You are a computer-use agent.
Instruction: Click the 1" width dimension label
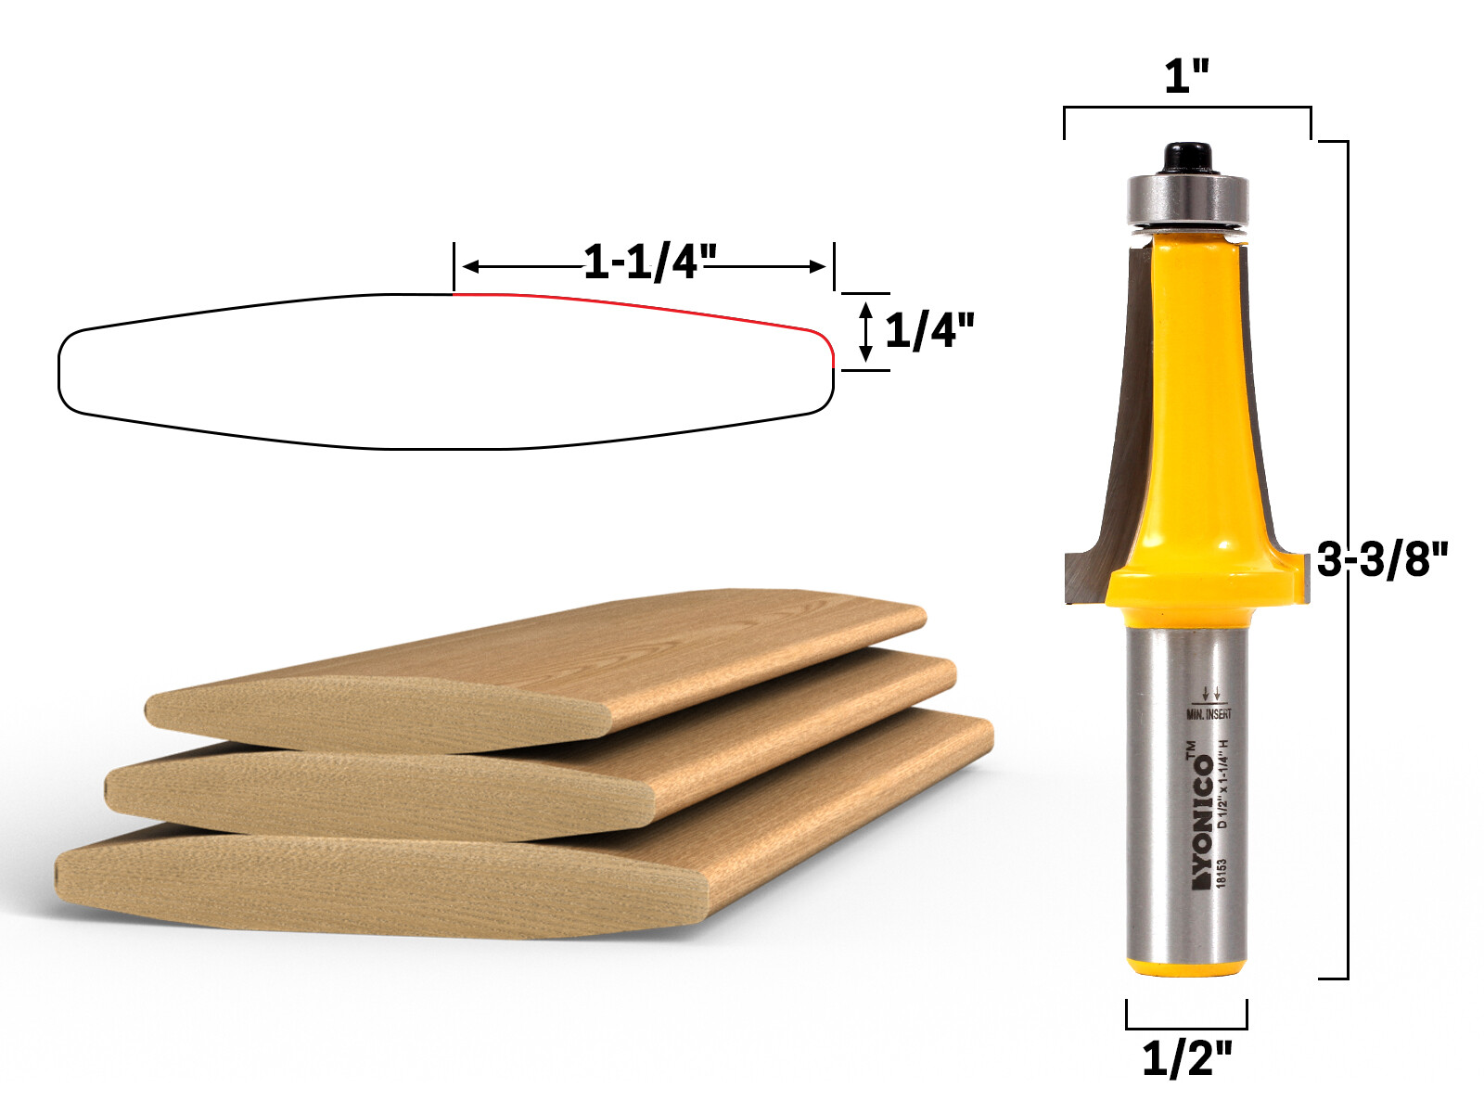pyautogui.click(x=1187, y=76)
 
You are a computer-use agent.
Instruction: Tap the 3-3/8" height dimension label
pyautogui.click(x=1382, y=559)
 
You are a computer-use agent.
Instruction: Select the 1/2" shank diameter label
pyautogui.click(x=1186, y=1058)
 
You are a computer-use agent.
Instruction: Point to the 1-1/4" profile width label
pyautogui.click(x=649, y=262)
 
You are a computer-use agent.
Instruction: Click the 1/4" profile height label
pyautogui.click(x=929, y=331)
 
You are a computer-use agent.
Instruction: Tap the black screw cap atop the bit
pyautogui.click(x=1188, y=157)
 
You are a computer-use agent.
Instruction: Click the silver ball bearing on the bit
pyautogui.click(x=1188, y=198)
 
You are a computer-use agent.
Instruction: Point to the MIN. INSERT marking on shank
pyautogui.click(x=1209, y=713)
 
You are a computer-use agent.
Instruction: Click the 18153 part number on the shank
pyautogui.click(x=1222, y=873)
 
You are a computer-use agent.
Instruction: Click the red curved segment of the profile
pyautogui.click(x=649, y=306)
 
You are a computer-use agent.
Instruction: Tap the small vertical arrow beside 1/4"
pyautogui.click(x=865, y=331)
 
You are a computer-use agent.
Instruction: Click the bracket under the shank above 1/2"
pyautogui.click(x=1186, y=1027)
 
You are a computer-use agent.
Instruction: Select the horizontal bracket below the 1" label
pyautogui.click(x=1187, y=109)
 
